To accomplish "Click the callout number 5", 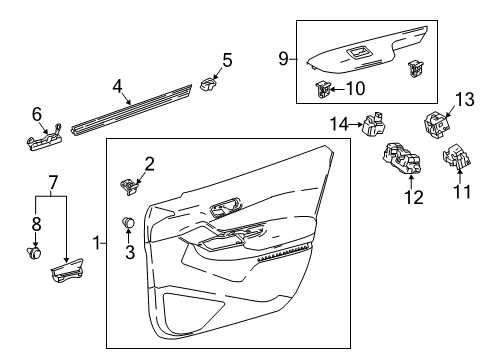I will tap(227, 61).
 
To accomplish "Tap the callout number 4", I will tap(119, 85).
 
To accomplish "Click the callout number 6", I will tap(38, 114).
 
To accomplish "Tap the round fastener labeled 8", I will tap(36, 250).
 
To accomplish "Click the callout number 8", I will tap(36, 223).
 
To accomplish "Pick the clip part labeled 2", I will tap(130, 184).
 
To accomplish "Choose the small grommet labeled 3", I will tap(127, 222).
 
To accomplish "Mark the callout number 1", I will tap(97, 243).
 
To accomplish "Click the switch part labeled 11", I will tap(456, 159).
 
